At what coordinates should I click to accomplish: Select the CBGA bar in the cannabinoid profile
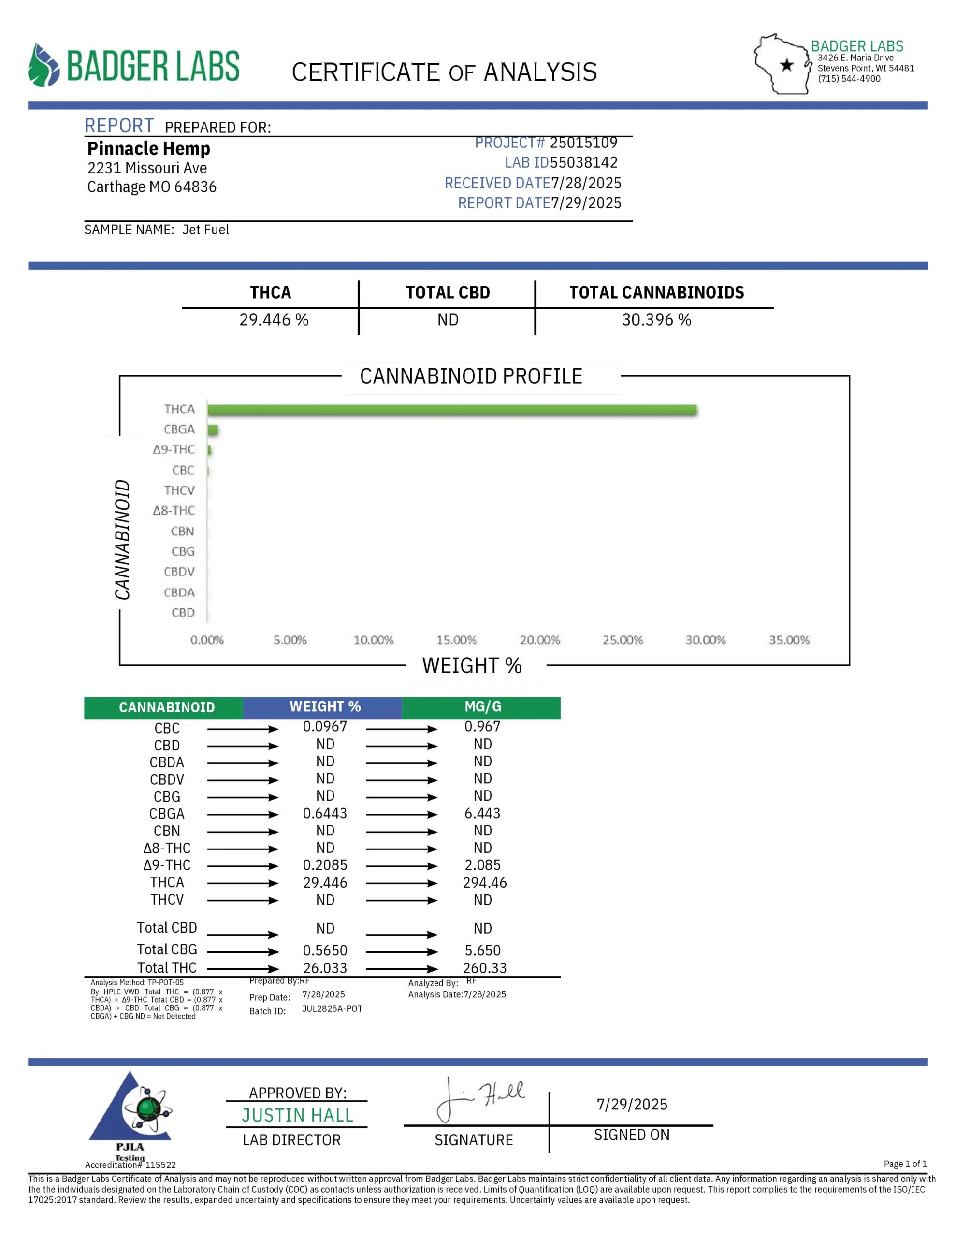tap(213, 430)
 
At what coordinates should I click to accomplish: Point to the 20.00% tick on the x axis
tap(539, 640)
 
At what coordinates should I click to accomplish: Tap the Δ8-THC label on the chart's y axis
tap(174, 510)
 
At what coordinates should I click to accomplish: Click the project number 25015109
tap(583, 143)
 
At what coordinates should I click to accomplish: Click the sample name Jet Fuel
tap(206, 230)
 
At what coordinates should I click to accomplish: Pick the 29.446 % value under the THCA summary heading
tap(274, 320)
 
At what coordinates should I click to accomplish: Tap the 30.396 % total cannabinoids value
tap(656, 320)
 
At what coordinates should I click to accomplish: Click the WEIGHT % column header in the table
tap(325, 707)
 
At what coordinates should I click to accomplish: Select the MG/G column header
tap(482, 707)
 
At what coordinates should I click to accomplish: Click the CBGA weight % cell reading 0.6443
tap(325, 813)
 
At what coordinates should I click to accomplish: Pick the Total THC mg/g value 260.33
tap(484, 968)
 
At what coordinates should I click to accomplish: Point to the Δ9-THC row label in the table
tap(167, 865)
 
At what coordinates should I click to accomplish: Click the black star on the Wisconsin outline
tap(786, 65)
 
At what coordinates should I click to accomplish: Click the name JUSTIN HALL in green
tap(298, 1115)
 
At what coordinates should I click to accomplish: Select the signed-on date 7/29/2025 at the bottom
tap(632, 1105)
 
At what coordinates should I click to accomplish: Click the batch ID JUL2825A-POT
tap(332, 1009)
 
